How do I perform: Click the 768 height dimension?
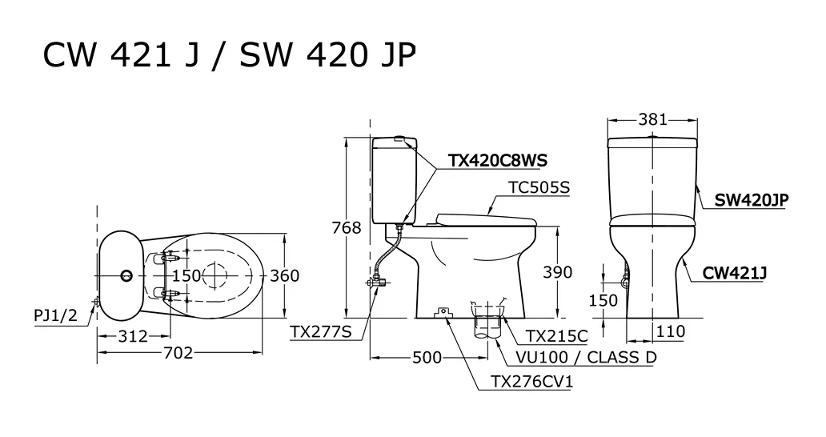[x=347, y=228]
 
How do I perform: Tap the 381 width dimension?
[x=653, y=120]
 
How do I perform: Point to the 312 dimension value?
[x=132, y=336]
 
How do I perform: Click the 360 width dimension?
[x=284, y=276]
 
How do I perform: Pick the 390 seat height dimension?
[x=557, y=272]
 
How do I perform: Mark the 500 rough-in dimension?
[x=427, y=357]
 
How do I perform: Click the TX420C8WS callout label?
[x=498, y=161]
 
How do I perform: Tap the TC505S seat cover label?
[x=538, y=188]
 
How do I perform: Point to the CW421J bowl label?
[x=735, y=273]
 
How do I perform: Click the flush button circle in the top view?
[x=126, y=275]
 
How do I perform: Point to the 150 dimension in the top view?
[x=187, y=276]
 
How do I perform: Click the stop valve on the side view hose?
[x=375, y=283]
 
